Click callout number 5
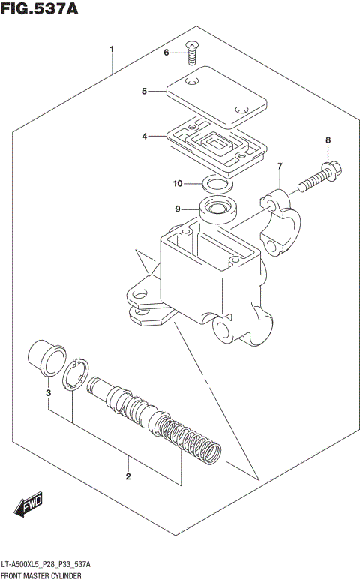pyautogui.click(x=144, y=92)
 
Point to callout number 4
pyautogui.click(x=144, y=136)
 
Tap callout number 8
pyautogui.click(x=328, y=140)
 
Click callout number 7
pyautogui.click(x=280, y=166)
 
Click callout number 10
pyautogui.click(x=178, y=184)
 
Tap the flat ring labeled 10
pyautogui.click(x=216, y=182)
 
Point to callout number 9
pyautogui.click(x=178, y=209)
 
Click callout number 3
pyautogui.click(x=47, y=392)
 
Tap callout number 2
pyautogui.click(x=128, y=476)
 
